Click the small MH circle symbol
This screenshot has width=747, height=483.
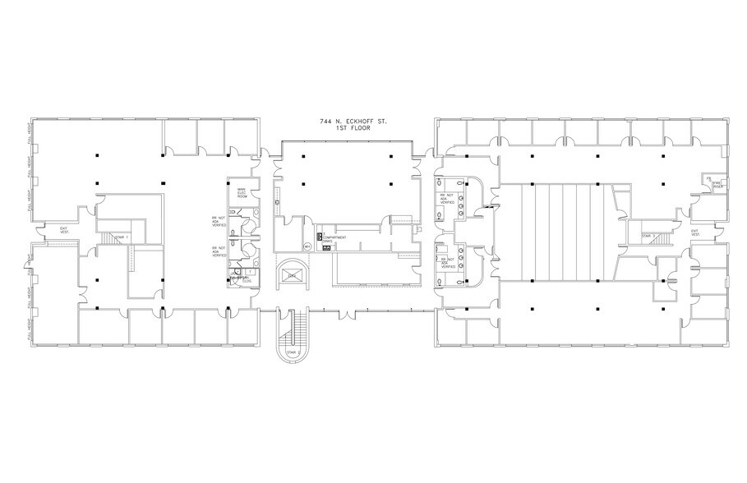pos(307,246)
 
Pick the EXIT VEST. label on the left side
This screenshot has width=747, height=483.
pos(64,229)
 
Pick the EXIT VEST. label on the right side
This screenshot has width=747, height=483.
pos(698,232)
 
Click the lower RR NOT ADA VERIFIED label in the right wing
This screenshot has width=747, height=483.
pos(447,263)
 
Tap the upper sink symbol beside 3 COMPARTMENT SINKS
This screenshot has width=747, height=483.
pos(320,238)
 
